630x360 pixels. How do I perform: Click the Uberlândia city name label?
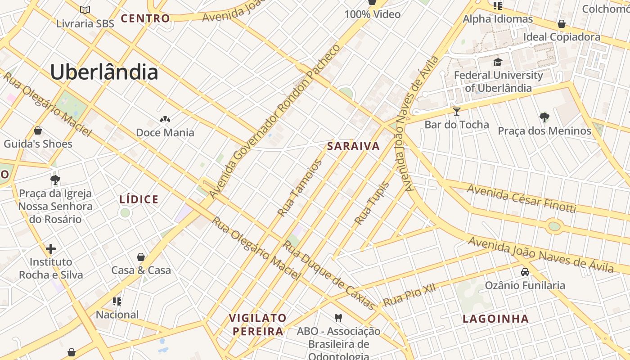click(104, 72)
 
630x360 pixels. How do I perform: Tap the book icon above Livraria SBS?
click(85, 9)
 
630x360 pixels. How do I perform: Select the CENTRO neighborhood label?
click(145, 18)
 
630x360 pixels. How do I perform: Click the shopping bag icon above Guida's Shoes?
click(38, 131)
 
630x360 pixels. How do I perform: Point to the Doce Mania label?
click(165, 132)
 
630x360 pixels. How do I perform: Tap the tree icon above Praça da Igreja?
click(55, 180)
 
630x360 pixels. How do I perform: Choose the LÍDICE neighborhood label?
click(139, 199)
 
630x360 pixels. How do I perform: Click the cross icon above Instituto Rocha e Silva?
click(51, 248)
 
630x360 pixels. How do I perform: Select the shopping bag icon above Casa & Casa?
click(141, 257)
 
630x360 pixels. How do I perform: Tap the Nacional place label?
click(117, 315)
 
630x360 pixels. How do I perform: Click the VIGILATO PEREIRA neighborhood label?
click(257, 324)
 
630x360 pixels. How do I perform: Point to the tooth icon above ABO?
click(339, 318)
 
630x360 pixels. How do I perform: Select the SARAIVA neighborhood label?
click(354, 146)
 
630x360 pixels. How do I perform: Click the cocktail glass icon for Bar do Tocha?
click(457, 111)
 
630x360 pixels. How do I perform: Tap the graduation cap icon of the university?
click(498, 62)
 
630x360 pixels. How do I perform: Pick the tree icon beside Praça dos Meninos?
click(544, 117)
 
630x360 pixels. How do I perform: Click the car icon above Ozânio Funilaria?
click(525, 272)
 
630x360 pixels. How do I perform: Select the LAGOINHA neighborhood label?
click(496, 319)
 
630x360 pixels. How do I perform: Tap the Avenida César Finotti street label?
click(521, 198)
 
